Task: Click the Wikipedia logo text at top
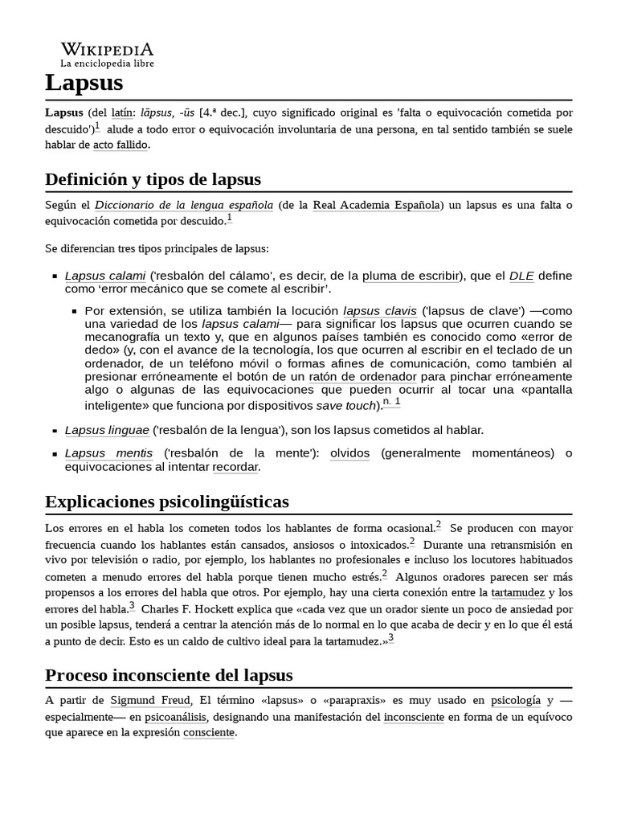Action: pyautogui.click(x=107, y=49)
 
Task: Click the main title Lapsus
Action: pyautogui.click(x=84, y=82)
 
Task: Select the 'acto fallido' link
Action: pyautogui.click(x=121, y=145)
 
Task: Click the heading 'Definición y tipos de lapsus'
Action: pyautogui.click(x=153, y=178)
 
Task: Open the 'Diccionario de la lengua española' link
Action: pyautogui.click(x=184, y=205)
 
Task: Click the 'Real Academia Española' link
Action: pyautogui.click(x=376, y=205)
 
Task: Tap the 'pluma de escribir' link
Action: pyautogui.click(x=410, y=276)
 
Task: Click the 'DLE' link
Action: pyautogui.click(x=521, y=276)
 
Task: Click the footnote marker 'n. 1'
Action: pyautogui.click(x=391, y=402)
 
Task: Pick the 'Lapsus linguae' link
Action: pyautogui.click(x=106, y=430)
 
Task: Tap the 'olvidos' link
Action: pyautogui.click(x=349, y=453)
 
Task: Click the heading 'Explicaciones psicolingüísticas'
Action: pyautogui.click(x=167, y=502)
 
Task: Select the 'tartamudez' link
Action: pyautogui.click(x=517, y=592)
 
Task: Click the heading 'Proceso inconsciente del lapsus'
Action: pyautogui.click(x=169, y=674)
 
